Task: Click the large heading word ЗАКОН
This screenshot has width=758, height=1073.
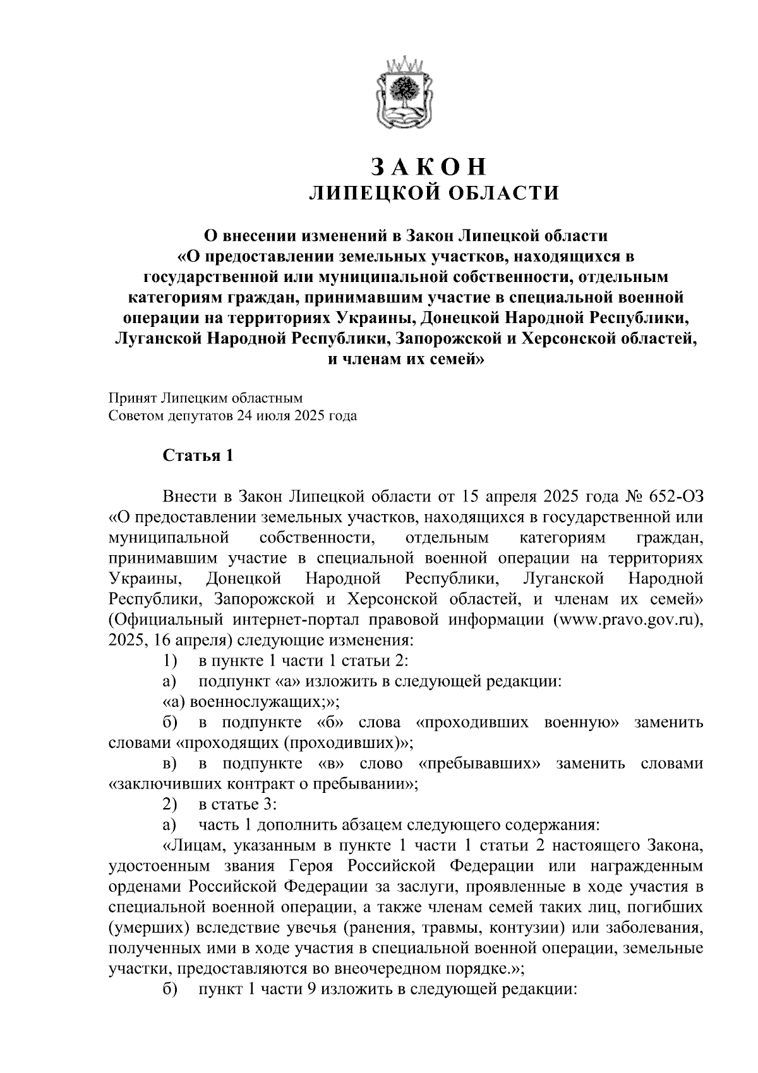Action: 430,166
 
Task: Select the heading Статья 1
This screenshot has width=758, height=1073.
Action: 198,456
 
